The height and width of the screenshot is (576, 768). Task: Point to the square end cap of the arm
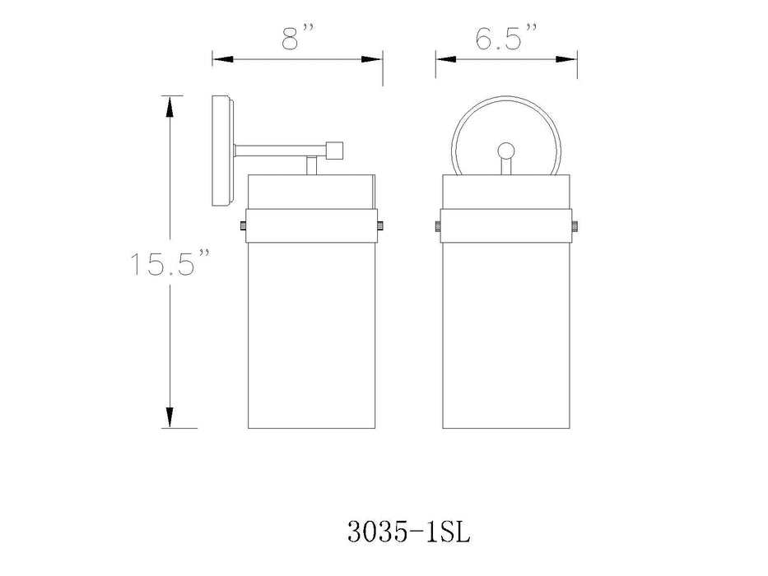point(333,151)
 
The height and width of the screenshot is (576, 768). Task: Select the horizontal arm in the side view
point(280,151)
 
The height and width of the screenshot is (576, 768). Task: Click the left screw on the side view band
point(244,226)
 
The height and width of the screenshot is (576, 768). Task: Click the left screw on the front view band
point(438,226)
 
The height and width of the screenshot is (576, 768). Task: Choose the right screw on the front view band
point(574,226)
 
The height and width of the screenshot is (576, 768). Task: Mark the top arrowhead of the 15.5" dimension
point(170,105)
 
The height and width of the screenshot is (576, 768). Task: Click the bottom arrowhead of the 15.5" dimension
point(170,418)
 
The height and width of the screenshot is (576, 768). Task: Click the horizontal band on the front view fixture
point(505,226)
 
